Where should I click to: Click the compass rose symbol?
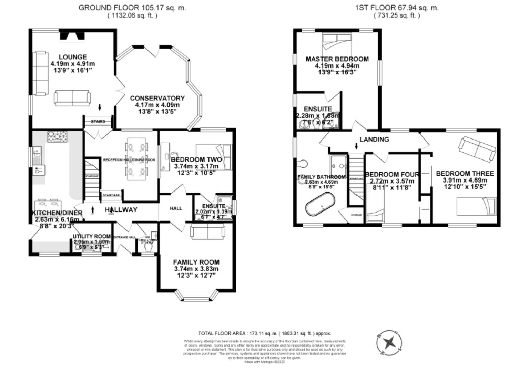(x=389, y=343)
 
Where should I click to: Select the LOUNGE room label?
(x=72, y=57)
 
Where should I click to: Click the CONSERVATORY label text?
(x=157, y=99)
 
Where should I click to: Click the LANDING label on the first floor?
(x=374, y=139)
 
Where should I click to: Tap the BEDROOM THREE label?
(x=465, y=174)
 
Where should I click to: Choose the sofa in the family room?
(x=207, y=231)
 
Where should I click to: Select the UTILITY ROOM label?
(x=92, y=236)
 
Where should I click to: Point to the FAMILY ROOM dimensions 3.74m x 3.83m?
(x=196, y=269)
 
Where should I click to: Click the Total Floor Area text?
(x=264, y=333)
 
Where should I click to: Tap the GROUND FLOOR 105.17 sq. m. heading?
(x=132, y=8)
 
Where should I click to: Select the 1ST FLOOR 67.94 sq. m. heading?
(x=397, y=8)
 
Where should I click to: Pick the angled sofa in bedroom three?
(x=477, y=148)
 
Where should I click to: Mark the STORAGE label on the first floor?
(x=356, y=215)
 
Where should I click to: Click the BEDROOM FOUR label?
(x=391, y=175)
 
